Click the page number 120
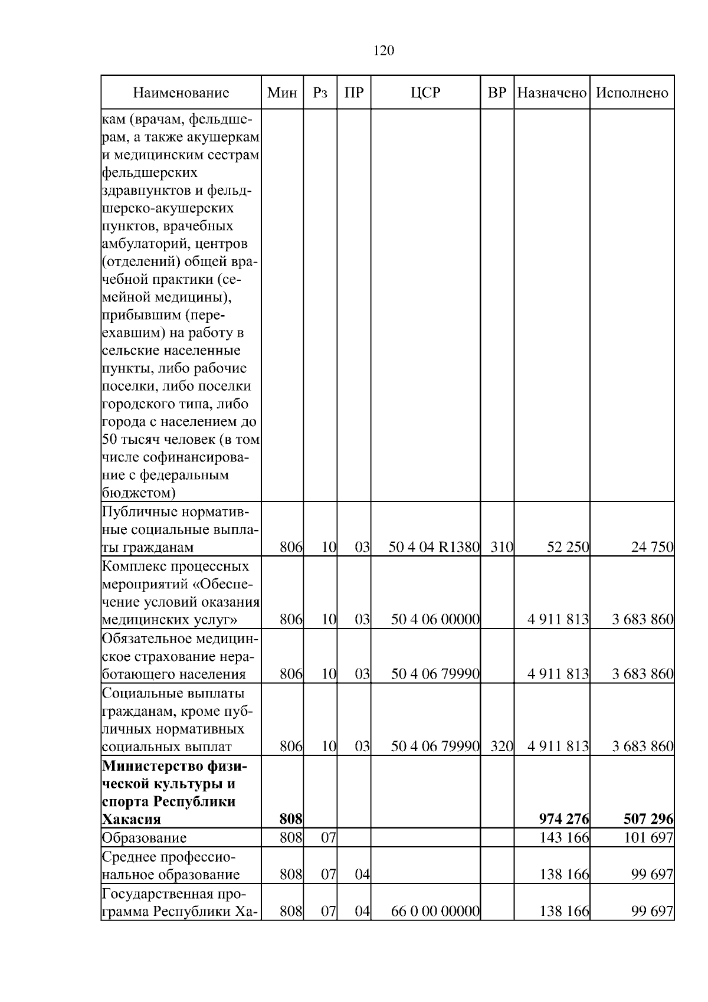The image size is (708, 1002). pyautogui.click(x=383, y=51)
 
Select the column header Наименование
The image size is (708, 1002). pyautogui.click(x=181, y=93)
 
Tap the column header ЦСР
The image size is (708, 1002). pyautogui.click(x=425, y=93)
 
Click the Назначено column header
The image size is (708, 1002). pyautogui.click(x=552, y=93)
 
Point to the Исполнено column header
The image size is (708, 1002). pyautogui.click(x=632, y=93)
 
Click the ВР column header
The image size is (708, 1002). pyautogui.click(x=497, y=93)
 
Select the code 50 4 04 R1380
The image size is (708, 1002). pyautogui.click(x=434, y=547)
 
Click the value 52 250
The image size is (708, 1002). pyautogui.click(x=568, y=547)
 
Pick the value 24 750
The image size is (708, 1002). pyautogui.click(x=652, y=547)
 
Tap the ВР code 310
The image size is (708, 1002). pyautogui.click(x=502, y=547)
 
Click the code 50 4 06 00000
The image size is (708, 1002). pyautogui.click(x=435, y=620)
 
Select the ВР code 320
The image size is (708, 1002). pyautogui.click(x=502, y=746)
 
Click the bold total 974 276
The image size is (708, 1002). pyautogui.click(x=563, y=819)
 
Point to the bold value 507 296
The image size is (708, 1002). pyautogui.click(x=648, y=819)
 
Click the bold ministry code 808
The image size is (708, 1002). pyautogui.click(x=291, y=819)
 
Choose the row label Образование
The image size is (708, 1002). pyautogui.click(x=144, y=838)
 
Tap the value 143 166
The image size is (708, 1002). pyautogui.click(x=564, y=838)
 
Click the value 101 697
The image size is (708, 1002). pyautogui.click(x=648, y=838)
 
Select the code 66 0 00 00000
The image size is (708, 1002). pyautogui.click(x=435, y=911)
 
